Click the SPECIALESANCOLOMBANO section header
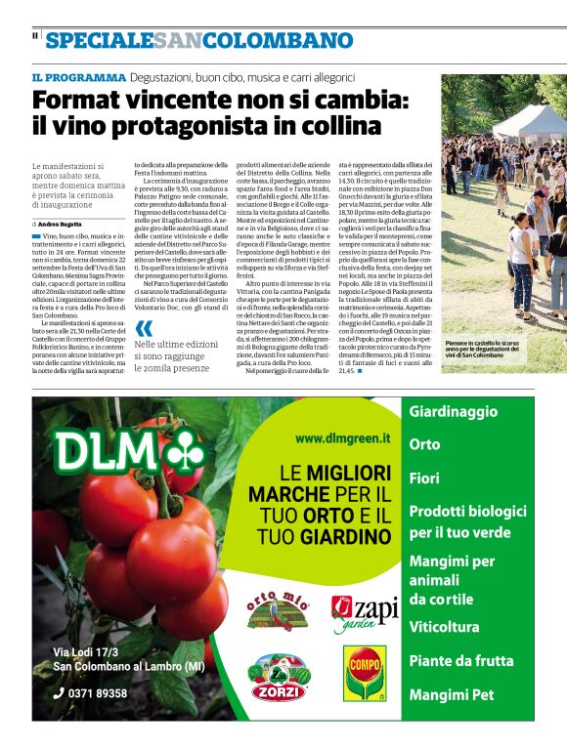pos(198,41)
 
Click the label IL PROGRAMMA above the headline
pos(79,77)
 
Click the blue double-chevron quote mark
pos(145,329)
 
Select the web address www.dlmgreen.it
pos(336,438)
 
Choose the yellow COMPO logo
pos(365,673)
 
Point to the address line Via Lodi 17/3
pos(87,652)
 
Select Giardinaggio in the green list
pos(454,412)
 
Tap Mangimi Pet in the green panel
pos(453,695)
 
